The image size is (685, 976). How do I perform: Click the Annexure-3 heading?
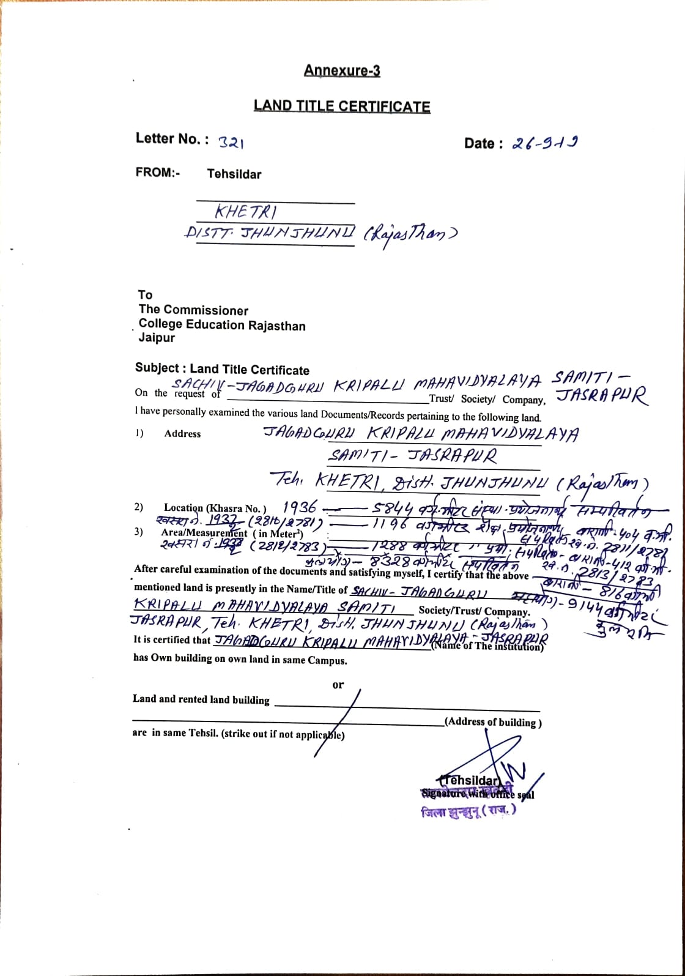(342, 71)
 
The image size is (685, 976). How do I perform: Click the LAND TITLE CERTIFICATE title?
(342, 106)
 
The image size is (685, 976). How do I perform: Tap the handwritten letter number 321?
(231, 143)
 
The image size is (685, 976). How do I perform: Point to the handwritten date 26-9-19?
(545, 143)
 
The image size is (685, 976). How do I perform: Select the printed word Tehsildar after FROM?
(234, 174)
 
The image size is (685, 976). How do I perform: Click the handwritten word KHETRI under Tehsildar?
(245, 212)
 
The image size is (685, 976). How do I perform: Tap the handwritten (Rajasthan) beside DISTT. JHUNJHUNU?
(410, 234)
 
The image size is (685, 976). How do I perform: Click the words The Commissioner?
(193, 310)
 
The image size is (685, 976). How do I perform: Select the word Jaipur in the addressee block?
(157, 338)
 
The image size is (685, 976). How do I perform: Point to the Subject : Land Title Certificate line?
(222, 369)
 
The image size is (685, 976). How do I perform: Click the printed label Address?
(182, 434)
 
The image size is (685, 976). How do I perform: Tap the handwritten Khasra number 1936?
(300, 507)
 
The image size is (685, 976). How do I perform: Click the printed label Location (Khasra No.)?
(215, 508)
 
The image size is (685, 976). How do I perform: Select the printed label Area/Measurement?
(204, 533)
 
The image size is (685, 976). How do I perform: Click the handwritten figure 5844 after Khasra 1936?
(393, 509)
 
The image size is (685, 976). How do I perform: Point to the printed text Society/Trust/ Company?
(474, 611)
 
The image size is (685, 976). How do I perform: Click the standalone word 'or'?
(338, 685)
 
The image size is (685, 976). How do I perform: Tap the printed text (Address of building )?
(493, 722)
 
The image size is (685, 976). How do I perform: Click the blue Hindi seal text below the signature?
(468, 811)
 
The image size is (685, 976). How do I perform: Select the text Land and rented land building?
(201, 699)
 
